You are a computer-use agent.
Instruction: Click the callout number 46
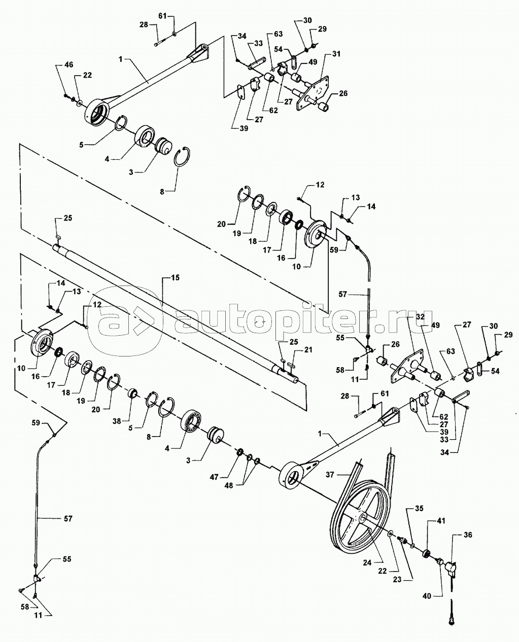pos(69,65)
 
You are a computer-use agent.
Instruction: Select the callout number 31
pos(336,54)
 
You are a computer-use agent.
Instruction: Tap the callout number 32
pos(420,317)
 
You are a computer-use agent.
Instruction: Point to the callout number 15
pos(175,277)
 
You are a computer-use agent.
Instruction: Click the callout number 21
pos(308,349)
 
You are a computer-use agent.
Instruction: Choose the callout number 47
pos(214,477)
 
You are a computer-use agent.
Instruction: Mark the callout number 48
pos(229,486)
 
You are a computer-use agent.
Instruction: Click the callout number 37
pos(330,475)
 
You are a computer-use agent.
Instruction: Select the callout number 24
pos(367,562)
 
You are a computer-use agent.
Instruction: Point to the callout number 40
pos(427,596)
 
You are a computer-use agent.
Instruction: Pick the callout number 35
pos(419,508)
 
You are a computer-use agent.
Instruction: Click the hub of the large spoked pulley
pos(362,518)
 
